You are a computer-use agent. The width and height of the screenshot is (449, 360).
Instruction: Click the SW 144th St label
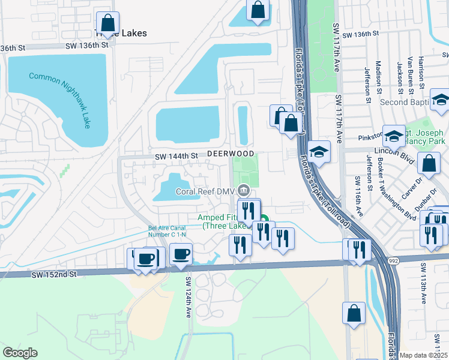click(x=176, y=156)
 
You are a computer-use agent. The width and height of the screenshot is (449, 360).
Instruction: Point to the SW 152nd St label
click(x=55, y=274)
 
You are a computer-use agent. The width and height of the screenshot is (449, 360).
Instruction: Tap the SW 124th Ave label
click(x=188, y=297)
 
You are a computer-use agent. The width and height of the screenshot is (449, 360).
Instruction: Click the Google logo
click(x=20, y=353)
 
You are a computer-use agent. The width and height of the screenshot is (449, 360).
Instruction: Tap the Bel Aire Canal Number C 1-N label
click(x=169, y=232)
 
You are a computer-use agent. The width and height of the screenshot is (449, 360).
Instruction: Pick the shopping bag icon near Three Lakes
click(x=107, y=23)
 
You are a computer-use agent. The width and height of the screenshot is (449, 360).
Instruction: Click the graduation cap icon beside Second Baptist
click(x=441, y=101)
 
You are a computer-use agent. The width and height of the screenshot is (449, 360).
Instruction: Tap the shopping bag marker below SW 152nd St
click(x=354, y=313)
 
